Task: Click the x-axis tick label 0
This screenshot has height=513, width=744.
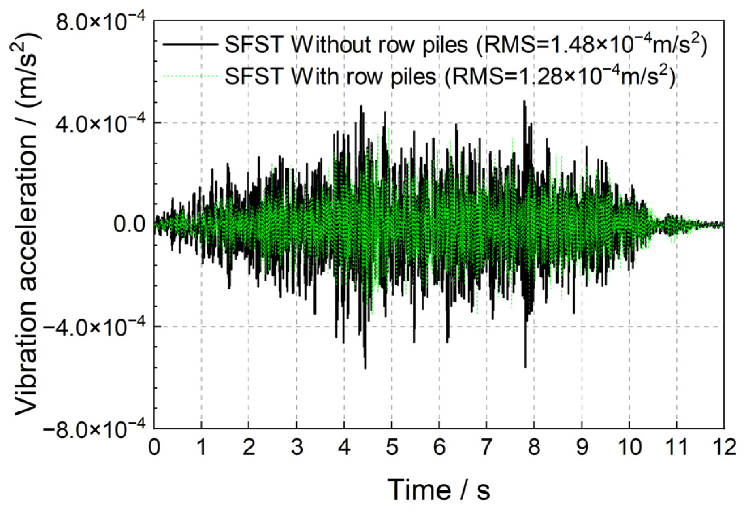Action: point(154,447)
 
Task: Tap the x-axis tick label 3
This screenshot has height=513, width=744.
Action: point(297,447)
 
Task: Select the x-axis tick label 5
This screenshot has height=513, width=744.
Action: point(392,447)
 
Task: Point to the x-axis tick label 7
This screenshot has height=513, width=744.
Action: point(486,447)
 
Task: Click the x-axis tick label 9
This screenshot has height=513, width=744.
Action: point(582,447)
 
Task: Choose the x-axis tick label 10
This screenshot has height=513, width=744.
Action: point(629,447)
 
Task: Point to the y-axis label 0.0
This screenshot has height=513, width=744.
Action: point(129,224)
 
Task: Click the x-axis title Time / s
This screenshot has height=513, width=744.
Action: point(439,490)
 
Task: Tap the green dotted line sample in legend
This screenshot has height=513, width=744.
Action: point(190,76)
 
